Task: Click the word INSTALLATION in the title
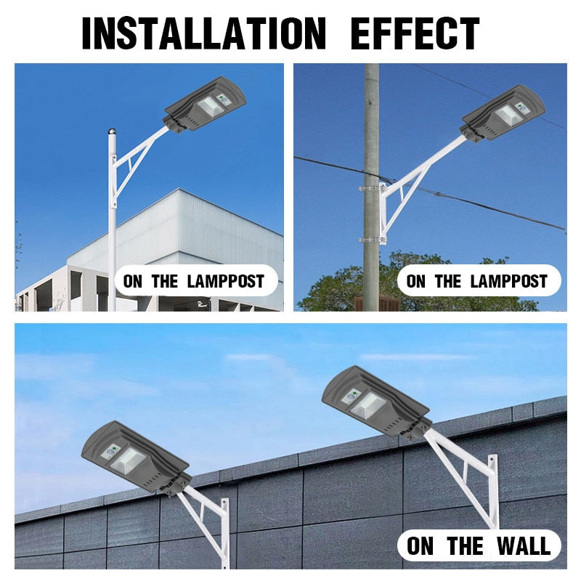(203, 33)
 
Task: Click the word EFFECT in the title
(415, 33)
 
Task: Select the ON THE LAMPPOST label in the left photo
(194, 282)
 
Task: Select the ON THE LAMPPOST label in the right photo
(477, 282)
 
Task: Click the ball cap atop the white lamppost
(113, 132)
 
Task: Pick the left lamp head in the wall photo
(134, 456)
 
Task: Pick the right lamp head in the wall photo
(374, 401)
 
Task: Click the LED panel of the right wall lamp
(369, 405)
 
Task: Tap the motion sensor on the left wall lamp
(110, 450)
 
